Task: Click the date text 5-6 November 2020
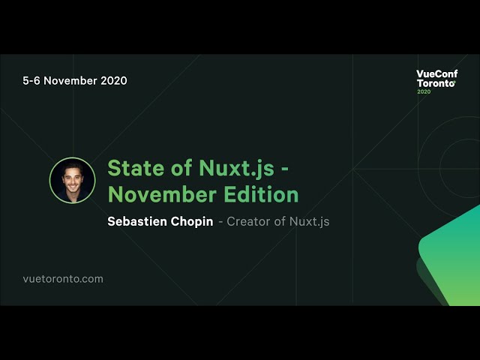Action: click(x=75, y=80)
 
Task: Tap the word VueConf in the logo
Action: click(x=436, y=74)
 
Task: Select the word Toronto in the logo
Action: click(x=436, y=83)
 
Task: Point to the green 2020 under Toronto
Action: click(x=424, y=91)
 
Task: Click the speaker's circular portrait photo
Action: click(x=72, y=180)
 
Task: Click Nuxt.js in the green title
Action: click(x=236, y=169)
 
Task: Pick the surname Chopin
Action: click(x=192, y=222)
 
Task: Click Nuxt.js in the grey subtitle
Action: click(x=309, y=222)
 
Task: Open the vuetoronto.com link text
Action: click(x=63, y=279)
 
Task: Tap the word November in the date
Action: click(x=70, y=80)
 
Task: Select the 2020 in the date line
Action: click(x=114, y=80)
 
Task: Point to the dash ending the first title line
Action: click(x=285, y=170)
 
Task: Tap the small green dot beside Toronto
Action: click(x=454, y=82)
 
